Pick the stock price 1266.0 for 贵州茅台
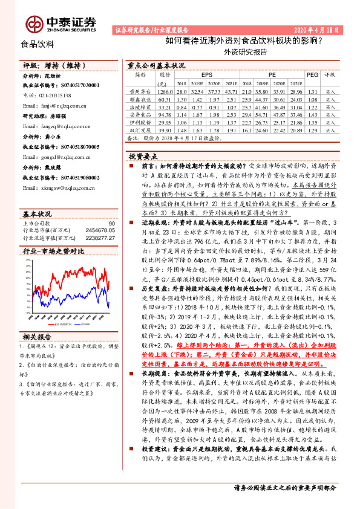(x=164, y=90)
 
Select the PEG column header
(x=312, y=75)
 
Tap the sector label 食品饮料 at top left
(x=38, y=44)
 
